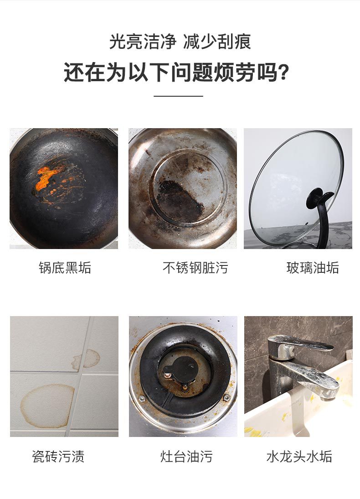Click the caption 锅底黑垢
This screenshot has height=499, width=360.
65,268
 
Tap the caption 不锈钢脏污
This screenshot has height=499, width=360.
195,268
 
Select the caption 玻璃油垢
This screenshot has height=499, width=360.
313,268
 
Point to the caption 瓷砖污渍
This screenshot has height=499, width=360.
58,456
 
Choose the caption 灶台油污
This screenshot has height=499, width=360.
186,456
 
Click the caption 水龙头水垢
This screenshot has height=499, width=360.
299,456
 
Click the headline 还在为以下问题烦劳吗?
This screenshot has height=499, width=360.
176,72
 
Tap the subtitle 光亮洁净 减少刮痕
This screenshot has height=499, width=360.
180,42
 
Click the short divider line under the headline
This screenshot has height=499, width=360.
179,96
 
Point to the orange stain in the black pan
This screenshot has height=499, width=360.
45,179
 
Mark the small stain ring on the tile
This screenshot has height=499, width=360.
86,359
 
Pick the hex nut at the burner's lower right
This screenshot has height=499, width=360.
226,397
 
